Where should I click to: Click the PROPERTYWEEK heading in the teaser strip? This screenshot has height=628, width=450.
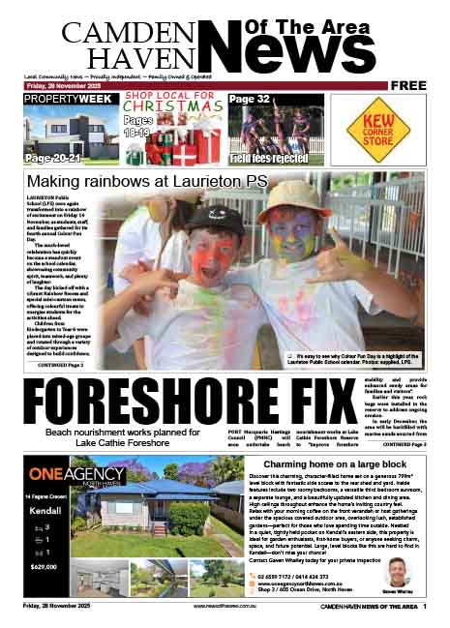[x=66, y=100]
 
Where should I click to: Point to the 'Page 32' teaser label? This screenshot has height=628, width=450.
[x=250, y=99]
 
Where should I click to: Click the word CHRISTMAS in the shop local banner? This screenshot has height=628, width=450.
[x=165, y=108]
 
